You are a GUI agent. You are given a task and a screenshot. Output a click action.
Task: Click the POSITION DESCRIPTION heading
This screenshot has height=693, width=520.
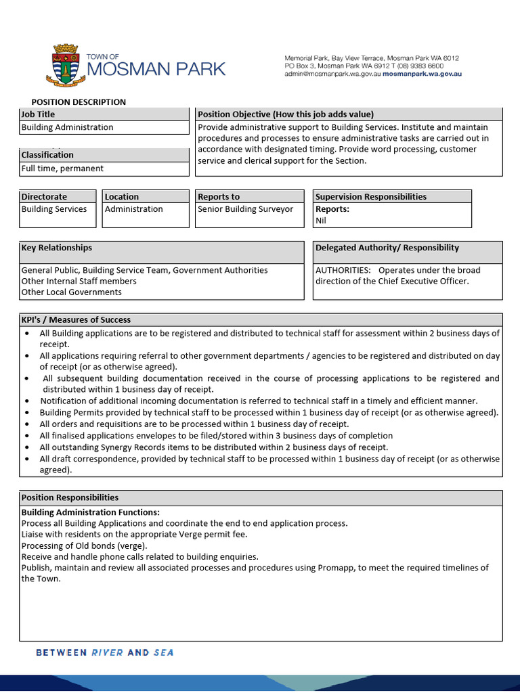click(x=79, y=102)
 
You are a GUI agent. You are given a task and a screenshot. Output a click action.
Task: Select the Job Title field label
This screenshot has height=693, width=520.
click(x=39, y=114)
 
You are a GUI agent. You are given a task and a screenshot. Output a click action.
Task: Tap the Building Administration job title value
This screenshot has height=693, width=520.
click(x=68, y=127)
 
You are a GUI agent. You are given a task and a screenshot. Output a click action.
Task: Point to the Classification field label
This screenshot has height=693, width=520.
click(x=47, y=155)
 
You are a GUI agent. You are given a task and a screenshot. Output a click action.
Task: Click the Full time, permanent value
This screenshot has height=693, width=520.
click(x=62, y=169)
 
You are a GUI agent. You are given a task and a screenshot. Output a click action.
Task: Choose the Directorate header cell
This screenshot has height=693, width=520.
click(x=44, y=197)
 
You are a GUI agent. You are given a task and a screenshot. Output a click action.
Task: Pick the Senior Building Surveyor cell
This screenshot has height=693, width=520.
click(x=245, y=209)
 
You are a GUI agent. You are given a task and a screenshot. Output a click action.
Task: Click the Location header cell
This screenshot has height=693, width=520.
click(x=122, y=197)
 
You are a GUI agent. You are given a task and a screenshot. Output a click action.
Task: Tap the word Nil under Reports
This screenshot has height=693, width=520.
click(x=321, y=221)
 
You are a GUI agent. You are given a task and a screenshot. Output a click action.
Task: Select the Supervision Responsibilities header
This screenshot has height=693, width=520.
click(x=371, y=197)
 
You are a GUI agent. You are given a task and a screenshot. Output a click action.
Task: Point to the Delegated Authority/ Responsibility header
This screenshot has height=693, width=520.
click(x=387, y=248)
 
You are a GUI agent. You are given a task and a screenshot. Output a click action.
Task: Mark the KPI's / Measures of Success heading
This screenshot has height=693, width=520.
click(x=76, y=319)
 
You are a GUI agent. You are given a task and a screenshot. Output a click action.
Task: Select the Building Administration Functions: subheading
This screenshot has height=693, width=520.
click(x=91, y=512)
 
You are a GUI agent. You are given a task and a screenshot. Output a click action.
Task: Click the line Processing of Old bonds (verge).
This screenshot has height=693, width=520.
click(x=84, y=545)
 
